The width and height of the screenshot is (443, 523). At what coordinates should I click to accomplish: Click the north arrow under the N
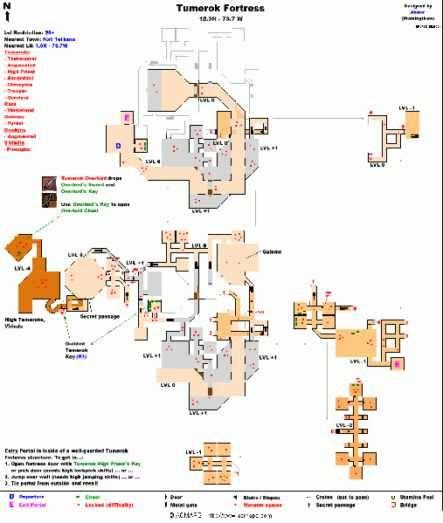(x=7, y=17)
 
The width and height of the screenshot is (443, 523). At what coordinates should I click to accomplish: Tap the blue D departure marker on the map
(x=119, y=147)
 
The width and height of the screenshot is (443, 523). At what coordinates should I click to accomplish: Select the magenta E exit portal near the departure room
(x=128, y=117)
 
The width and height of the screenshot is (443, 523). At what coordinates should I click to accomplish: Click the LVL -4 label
(x=24, y=268)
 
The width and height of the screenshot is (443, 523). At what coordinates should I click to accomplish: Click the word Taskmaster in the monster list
(x=26, y=58)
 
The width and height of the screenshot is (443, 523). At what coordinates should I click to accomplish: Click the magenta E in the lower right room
(x=398, y=362)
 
